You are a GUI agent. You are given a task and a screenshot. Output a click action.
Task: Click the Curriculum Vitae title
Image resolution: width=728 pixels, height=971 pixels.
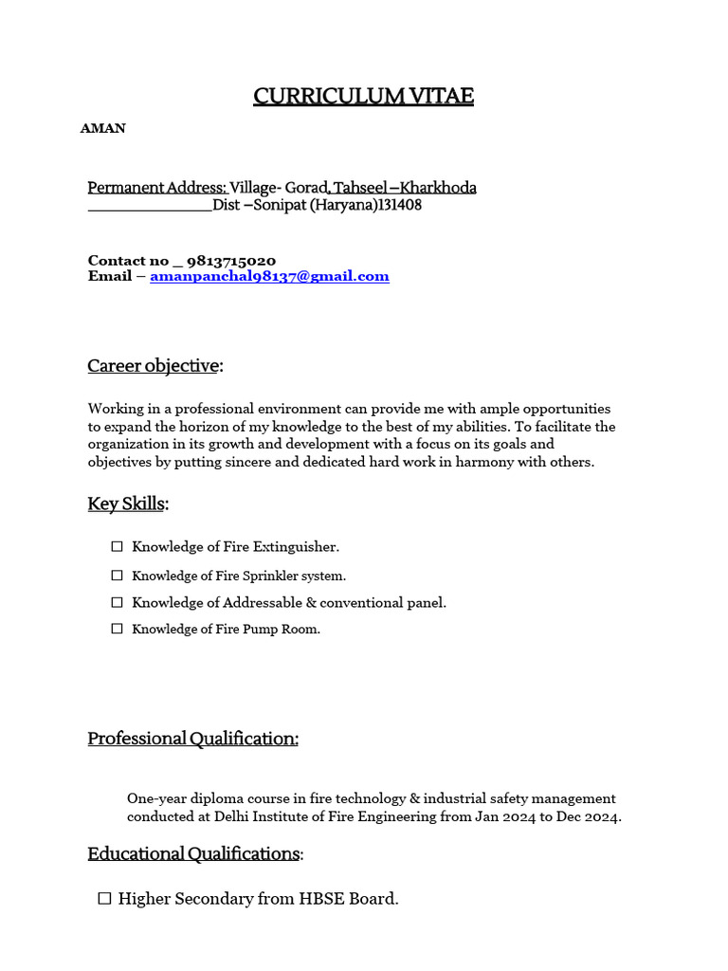pyautogui.click(x=363, y=96)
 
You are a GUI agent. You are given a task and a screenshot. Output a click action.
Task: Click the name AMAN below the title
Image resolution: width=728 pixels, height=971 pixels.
pyautogui.click(x=103, y=128)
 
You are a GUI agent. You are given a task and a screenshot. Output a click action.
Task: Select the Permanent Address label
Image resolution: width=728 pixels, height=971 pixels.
pyautogui.click(x=157, y=188)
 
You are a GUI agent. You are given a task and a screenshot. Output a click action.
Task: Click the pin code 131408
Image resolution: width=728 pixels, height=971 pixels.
pyautogui.click(x=400, y=205)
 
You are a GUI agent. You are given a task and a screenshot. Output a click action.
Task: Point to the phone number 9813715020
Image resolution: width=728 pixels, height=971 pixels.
pyautogui.click(x=232, y=260)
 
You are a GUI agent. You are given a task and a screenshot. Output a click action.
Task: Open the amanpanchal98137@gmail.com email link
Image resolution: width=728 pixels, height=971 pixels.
pyautogui.click(x=269, y=276)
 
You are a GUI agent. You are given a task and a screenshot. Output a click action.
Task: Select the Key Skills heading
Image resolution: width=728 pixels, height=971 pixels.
pyautogui.click(x=127, y=504)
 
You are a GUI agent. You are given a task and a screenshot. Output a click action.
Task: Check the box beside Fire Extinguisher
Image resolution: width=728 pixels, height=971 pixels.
pyautogui.click(x=118, y=546)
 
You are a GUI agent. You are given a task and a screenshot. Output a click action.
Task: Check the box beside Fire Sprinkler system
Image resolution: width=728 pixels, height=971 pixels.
pyautogui.click(x=118, y=576)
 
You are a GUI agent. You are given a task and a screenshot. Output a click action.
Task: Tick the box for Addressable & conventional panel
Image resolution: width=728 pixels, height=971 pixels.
pyautogui.click(x=118, y=602)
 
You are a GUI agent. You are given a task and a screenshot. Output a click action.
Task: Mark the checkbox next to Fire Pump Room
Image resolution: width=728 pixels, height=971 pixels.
pyautogui.click(x=118, y=629)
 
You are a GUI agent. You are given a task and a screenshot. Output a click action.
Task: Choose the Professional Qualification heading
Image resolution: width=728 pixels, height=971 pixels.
pyautogui.click(x=193, y=738)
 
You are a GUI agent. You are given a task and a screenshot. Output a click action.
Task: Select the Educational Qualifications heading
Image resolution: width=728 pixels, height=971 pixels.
pyautogui.click(x=194, y=853)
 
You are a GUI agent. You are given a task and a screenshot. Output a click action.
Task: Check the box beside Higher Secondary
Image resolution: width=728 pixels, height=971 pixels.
pyautogui.click(x=105, y=898)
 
